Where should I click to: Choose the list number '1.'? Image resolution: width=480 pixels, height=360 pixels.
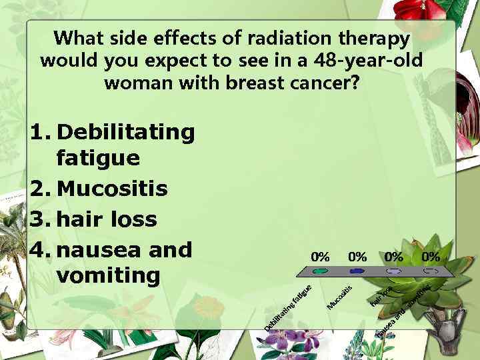[x=41, y=132]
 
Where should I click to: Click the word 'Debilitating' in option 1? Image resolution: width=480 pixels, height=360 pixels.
[x=126, y=132]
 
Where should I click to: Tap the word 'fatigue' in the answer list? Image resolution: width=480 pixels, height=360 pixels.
[x=98, y=159]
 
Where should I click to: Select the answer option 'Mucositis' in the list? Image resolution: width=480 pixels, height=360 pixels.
[x=112, y=189]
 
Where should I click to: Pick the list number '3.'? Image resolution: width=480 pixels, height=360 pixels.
[x=41, y=219]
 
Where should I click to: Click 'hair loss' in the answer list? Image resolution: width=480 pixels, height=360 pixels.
[x=107, y=219]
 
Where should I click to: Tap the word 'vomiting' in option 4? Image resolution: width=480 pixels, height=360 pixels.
[x=109, y=275]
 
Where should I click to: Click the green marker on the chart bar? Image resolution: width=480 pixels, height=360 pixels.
[x=321, y=272]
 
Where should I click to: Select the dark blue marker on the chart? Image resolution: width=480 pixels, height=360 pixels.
[x=357, y=272]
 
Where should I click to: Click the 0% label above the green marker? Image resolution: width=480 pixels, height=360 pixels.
[x=321, y=257]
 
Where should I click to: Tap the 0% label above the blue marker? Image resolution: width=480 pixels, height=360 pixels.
[x=357, y=257]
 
